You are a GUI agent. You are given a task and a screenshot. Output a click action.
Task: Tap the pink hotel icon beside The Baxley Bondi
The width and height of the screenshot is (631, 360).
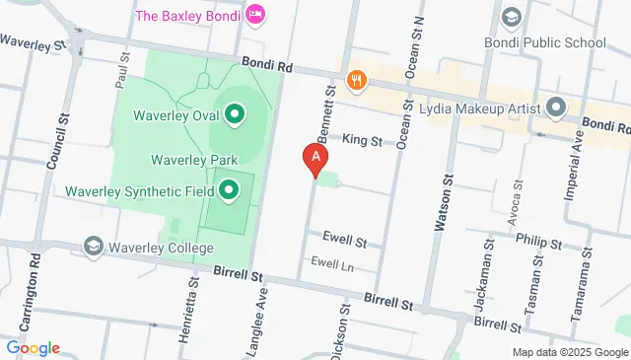[255, 14]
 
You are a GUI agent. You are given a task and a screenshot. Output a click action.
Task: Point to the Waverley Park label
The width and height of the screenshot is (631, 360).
[195, 160]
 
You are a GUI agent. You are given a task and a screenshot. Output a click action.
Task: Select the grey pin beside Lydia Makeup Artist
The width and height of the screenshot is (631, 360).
[555, 108]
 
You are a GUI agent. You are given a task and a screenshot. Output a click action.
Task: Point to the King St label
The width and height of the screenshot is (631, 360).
[362, 142]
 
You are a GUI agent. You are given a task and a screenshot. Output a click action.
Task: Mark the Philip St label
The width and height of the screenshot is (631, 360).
[541, 243]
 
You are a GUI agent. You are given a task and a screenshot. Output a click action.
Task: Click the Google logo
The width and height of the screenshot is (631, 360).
[33, 348]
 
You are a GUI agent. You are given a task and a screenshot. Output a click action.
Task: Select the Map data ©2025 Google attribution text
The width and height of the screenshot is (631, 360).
[569, 352]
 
